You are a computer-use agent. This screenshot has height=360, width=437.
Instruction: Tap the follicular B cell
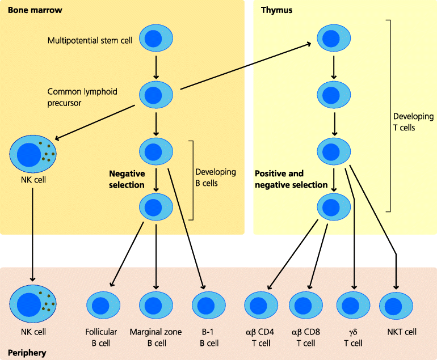[103, 306]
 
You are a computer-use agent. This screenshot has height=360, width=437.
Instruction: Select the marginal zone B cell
[156, 306]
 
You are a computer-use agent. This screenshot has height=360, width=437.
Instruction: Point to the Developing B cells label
[215, 177]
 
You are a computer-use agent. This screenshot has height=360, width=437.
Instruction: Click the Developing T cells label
[413, 122]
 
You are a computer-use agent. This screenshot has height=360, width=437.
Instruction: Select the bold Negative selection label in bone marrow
[127, 179]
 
